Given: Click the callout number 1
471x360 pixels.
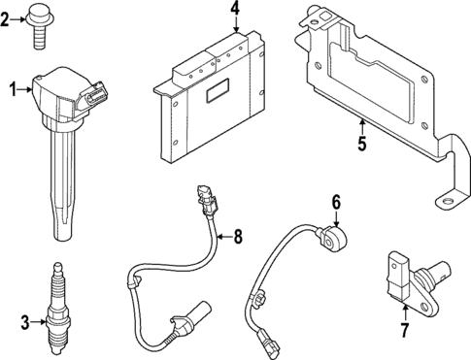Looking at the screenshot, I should [x=14, y=90].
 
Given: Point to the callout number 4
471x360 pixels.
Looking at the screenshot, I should [x=236, y=11].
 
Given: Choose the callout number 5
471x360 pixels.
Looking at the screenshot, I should [x=360, y=147].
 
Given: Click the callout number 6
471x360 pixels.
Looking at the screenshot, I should [x=336, y=202].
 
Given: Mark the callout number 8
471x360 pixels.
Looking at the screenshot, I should [x=236, y=235].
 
